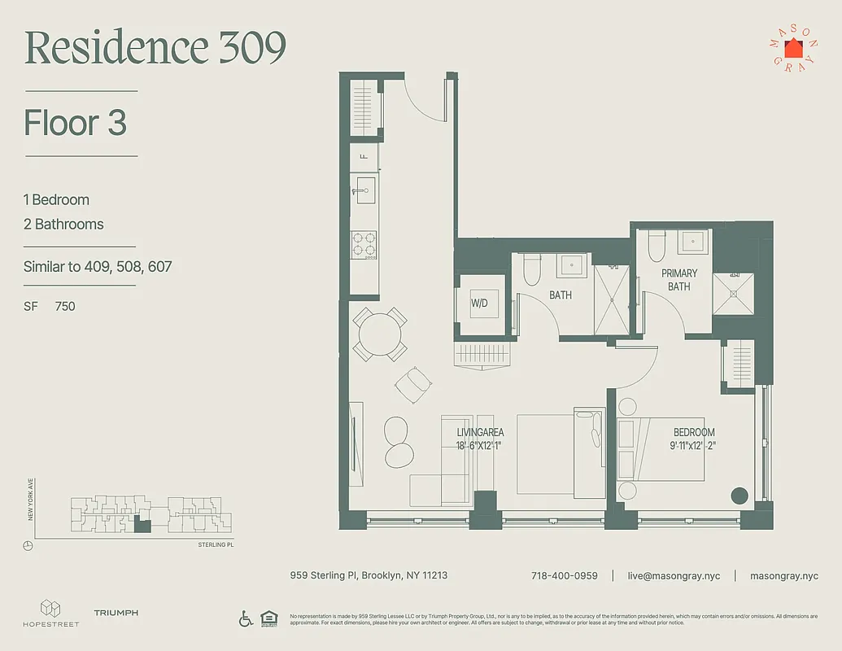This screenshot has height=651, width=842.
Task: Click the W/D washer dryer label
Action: (x=478, y=303)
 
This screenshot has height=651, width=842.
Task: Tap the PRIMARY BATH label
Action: (x=678, y=280)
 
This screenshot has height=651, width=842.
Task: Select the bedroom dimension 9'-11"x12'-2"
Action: (x=693, y=445)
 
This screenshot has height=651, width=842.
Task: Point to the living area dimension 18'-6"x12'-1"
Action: (x=480, y=445)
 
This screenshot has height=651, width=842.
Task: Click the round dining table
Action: (x=380, y=334)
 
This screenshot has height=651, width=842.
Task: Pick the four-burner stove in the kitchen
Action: (x=364, y=243)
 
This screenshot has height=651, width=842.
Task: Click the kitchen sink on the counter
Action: (x=364, y=191)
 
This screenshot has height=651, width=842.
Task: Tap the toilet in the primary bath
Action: (x=657, y=245)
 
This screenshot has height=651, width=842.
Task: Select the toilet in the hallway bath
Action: (x=532, y=269)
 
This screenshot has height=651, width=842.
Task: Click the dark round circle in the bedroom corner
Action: (x=739, y=496)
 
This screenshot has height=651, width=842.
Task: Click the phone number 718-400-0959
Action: (x=564, y=575)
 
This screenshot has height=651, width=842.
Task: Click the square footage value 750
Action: (x=65, y=306)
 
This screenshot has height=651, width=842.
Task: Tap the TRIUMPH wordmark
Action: (x=116, y=613)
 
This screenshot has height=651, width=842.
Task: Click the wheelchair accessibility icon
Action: (x=246, y=618)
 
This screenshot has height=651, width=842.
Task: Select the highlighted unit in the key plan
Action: (x=142, y=526)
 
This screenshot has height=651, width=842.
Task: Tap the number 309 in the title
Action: (x=252, y=48)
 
